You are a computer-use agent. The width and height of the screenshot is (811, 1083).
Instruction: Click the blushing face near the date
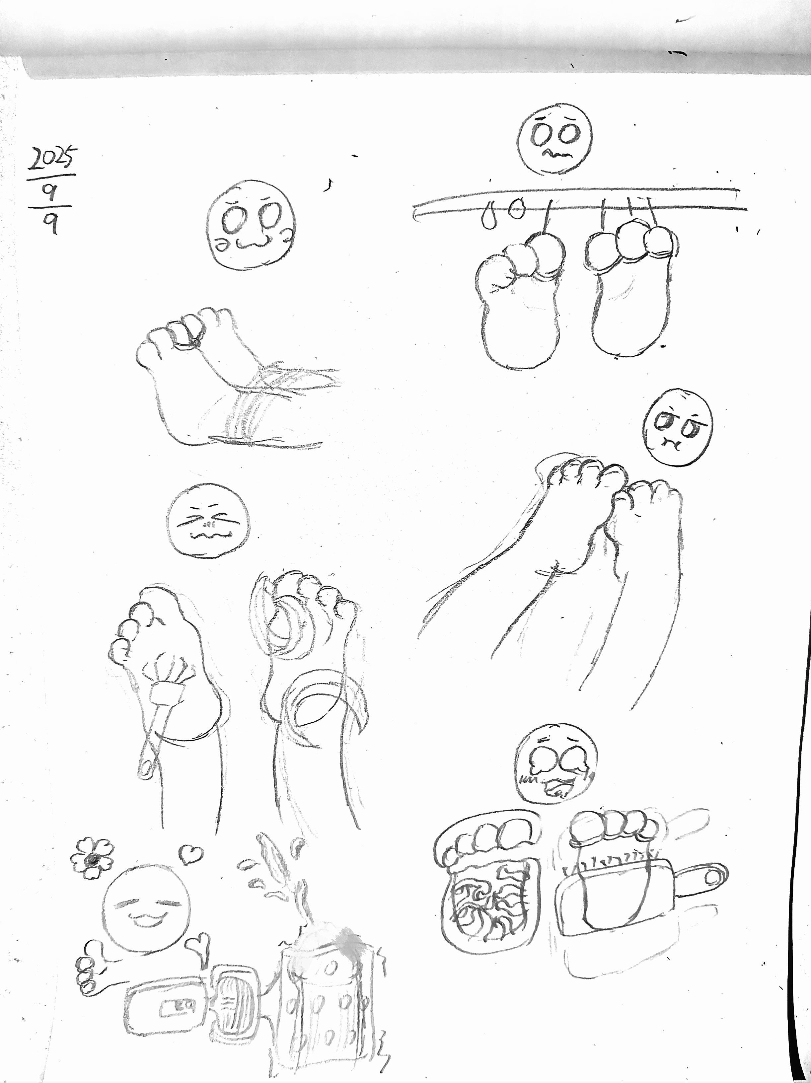click(251, 224)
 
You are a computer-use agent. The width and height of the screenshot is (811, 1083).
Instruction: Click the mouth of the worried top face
click(554, 154)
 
